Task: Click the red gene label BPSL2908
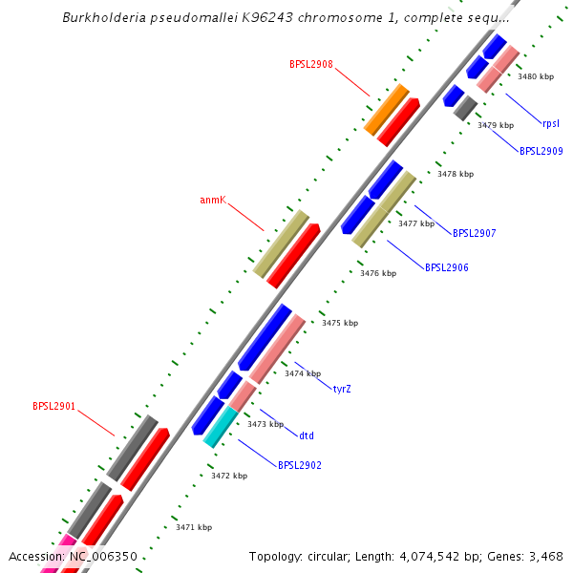pyautogui.click(x=311, y=65)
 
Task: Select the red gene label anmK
pyautogui.click(x=212, y=201)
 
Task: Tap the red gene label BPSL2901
pyautogui.click(x=54, y=406)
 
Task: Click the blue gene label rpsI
pyautogui.click(x=551, y=123)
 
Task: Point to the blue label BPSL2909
pyautogui.click(x=541, y=151)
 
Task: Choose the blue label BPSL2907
pyautogui.click(x=475, y=233)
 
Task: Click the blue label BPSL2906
pyautogui.click(x=447, y=267)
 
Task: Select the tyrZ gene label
pyautogui.click(x=342, y=389)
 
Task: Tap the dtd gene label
pyautogui.click(x=307, y=436)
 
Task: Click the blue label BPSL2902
pyautogui.click(x=300, y=466)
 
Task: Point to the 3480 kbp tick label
pyautogui.click(x=535, y=76)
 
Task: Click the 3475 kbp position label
pyautogui.click(x=340, y=324)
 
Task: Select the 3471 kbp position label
pyautogui.click(x=194, y=527)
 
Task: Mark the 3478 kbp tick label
pyautogui.click(x=456, y=174)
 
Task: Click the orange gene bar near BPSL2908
pyautogui.click(x=387, y=109)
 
